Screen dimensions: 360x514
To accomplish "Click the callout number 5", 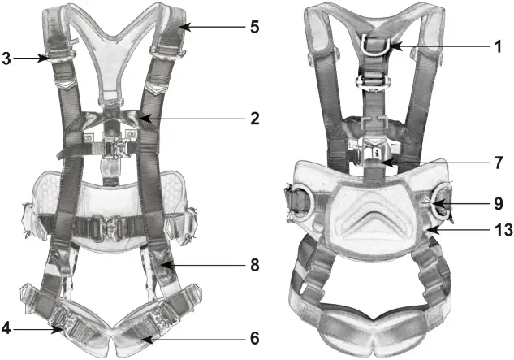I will [x=254, y=27].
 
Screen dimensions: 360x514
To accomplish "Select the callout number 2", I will [x=254, y=118].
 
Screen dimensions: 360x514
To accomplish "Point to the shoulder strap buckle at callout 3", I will [x=56, y=57].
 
